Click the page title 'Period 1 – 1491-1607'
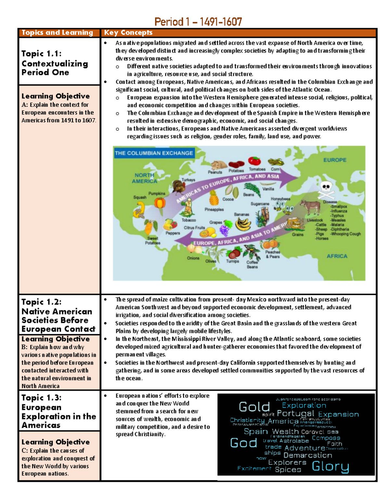coord(198,22)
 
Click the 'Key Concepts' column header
coord(128,32)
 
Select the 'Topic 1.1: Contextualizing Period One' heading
coord(55,63)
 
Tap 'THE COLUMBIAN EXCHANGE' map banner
coord(154,153)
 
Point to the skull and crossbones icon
coord(326,189)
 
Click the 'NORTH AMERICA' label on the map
coord(144,178)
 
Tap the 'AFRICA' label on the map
coord(337,256)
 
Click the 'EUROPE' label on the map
coord(335,160)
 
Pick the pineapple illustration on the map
coord(214,198)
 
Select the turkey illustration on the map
coord(178,187)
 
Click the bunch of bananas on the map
coord(243,224)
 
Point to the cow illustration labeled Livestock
coord(310,208)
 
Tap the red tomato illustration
coord(254,161)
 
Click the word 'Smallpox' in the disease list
coord(339,206)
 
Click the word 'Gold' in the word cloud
coord(254,407)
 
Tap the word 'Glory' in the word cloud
coord(330,466)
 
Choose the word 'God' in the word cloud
coord(243,443)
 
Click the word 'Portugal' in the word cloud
coord(295,413)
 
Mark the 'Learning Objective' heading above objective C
coord(56,442)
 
